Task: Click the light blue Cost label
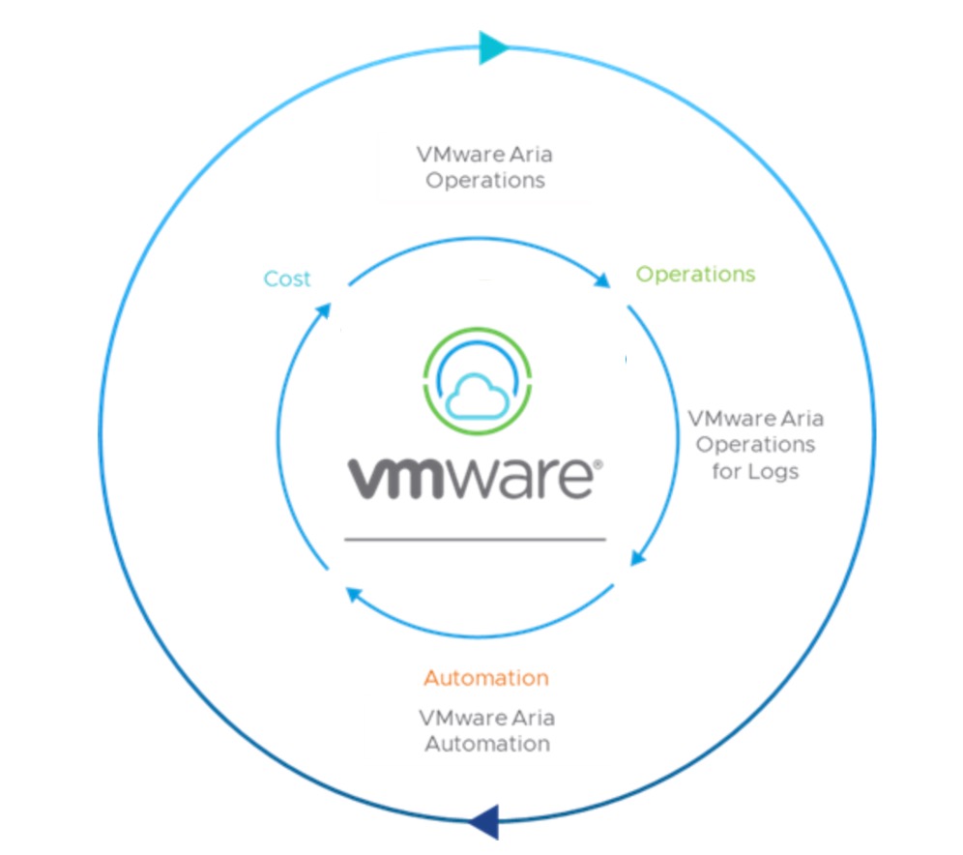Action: (x=287, y=279)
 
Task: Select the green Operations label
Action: (x=695, y=274)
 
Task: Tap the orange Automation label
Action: (x=485, y=677)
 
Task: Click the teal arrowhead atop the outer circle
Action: (x=493, y=46)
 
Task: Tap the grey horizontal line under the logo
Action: (x=475, y=539)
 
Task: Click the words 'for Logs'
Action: (x=755, y=472)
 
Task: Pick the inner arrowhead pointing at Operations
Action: (x=601, y=280)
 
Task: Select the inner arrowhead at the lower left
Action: (x=354, y=597)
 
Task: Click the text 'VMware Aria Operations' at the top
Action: (x=485, y=166)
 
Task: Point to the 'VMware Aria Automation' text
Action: (x=486, y=731)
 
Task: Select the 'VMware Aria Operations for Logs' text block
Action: (x=755, y=445)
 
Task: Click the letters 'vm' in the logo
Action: (x=394, y=479)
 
